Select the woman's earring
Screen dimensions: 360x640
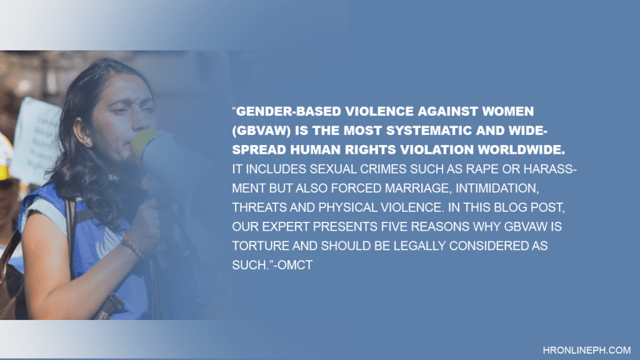[87, 142]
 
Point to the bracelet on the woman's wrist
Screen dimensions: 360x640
[132, 244]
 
